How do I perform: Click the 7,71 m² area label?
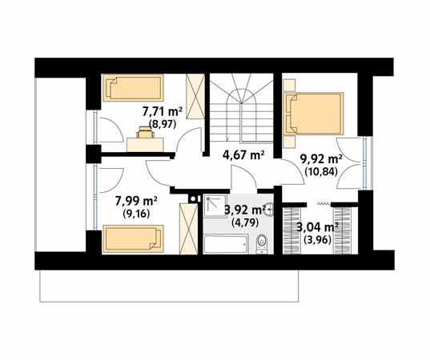(163, 112)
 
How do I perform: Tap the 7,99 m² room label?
(136, 202)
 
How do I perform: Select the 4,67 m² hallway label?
(243, 155)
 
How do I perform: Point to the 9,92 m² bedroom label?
(321, 159)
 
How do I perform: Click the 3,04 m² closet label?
(318, 227)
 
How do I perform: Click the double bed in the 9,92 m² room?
(313, 114)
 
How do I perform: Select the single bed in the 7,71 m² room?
(133, 88)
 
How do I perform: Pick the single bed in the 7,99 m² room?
(133, 238)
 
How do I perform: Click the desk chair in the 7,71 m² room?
(145, 132)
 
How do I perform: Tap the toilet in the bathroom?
(262, 244)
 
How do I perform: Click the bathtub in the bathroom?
(227, 244)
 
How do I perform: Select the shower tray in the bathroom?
(215, 206)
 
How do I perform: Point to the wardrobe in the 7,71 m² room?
(195, 96)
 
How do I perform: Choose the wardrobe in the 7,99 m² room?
(188, 229)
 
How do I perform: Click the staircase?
(242, 108)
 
